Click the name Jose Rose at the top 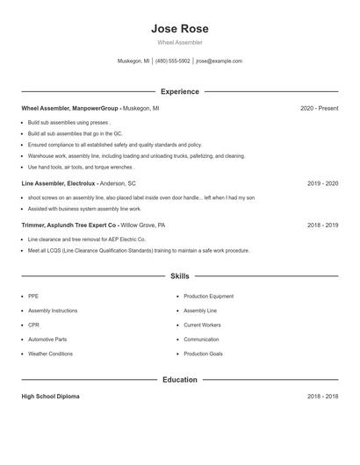coord(179,29)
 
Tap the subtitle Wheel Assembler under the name coord(179,42)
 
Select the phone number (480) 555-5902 coord(173,61)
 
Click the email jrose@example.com coord(219,61)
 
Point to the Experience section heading coord(179,91)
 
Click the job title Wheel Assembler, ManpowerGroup coord(69,108)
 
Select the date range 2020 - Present coord(319,108)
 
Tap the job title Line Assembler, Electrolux coord(58,183)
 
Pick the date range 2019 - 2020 coord(322,183)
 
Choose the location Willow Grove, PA coord(143,225)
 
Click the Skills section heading coord(179,275)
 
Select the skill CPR coord(32,325)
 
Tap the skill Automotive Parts coord(47,339)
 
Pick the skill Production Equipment coord(208,297)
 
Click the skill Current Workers coord(202,325)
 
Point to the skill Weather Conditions coord(50,354)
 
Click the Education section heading coord(179,380)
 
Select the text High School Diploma coord(50,397)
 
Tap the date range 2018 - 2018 coord(322,397)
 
